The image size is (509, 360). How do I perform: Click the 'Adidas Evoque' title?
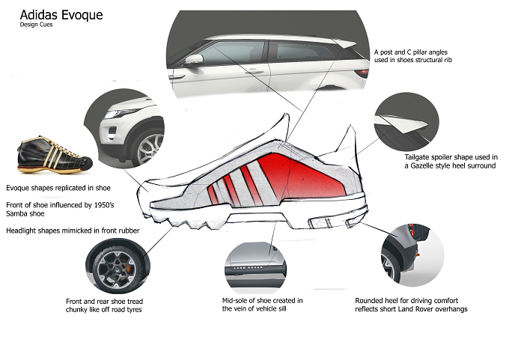61,15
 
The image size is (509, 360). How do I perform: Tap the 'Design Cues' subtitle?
36,25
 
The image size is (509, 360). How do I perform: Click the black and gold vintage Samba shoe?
55,155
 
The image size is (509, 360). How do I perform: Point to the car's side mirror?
194,60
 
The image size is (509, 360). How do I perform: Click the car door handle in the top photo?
254,71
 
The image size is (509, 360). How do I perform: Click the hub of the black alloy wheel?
117,269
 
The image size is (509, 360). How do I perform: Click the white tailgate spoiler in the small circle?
403,123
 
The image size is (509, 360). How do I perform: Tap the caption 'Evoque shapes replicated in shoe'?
58,188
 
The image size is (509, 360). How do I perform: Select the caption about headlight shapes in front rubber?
73,231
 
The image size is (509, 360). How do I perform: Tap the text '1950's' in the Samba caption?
104,205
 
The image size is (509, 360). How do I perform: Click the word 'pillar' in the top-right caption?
421,52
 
